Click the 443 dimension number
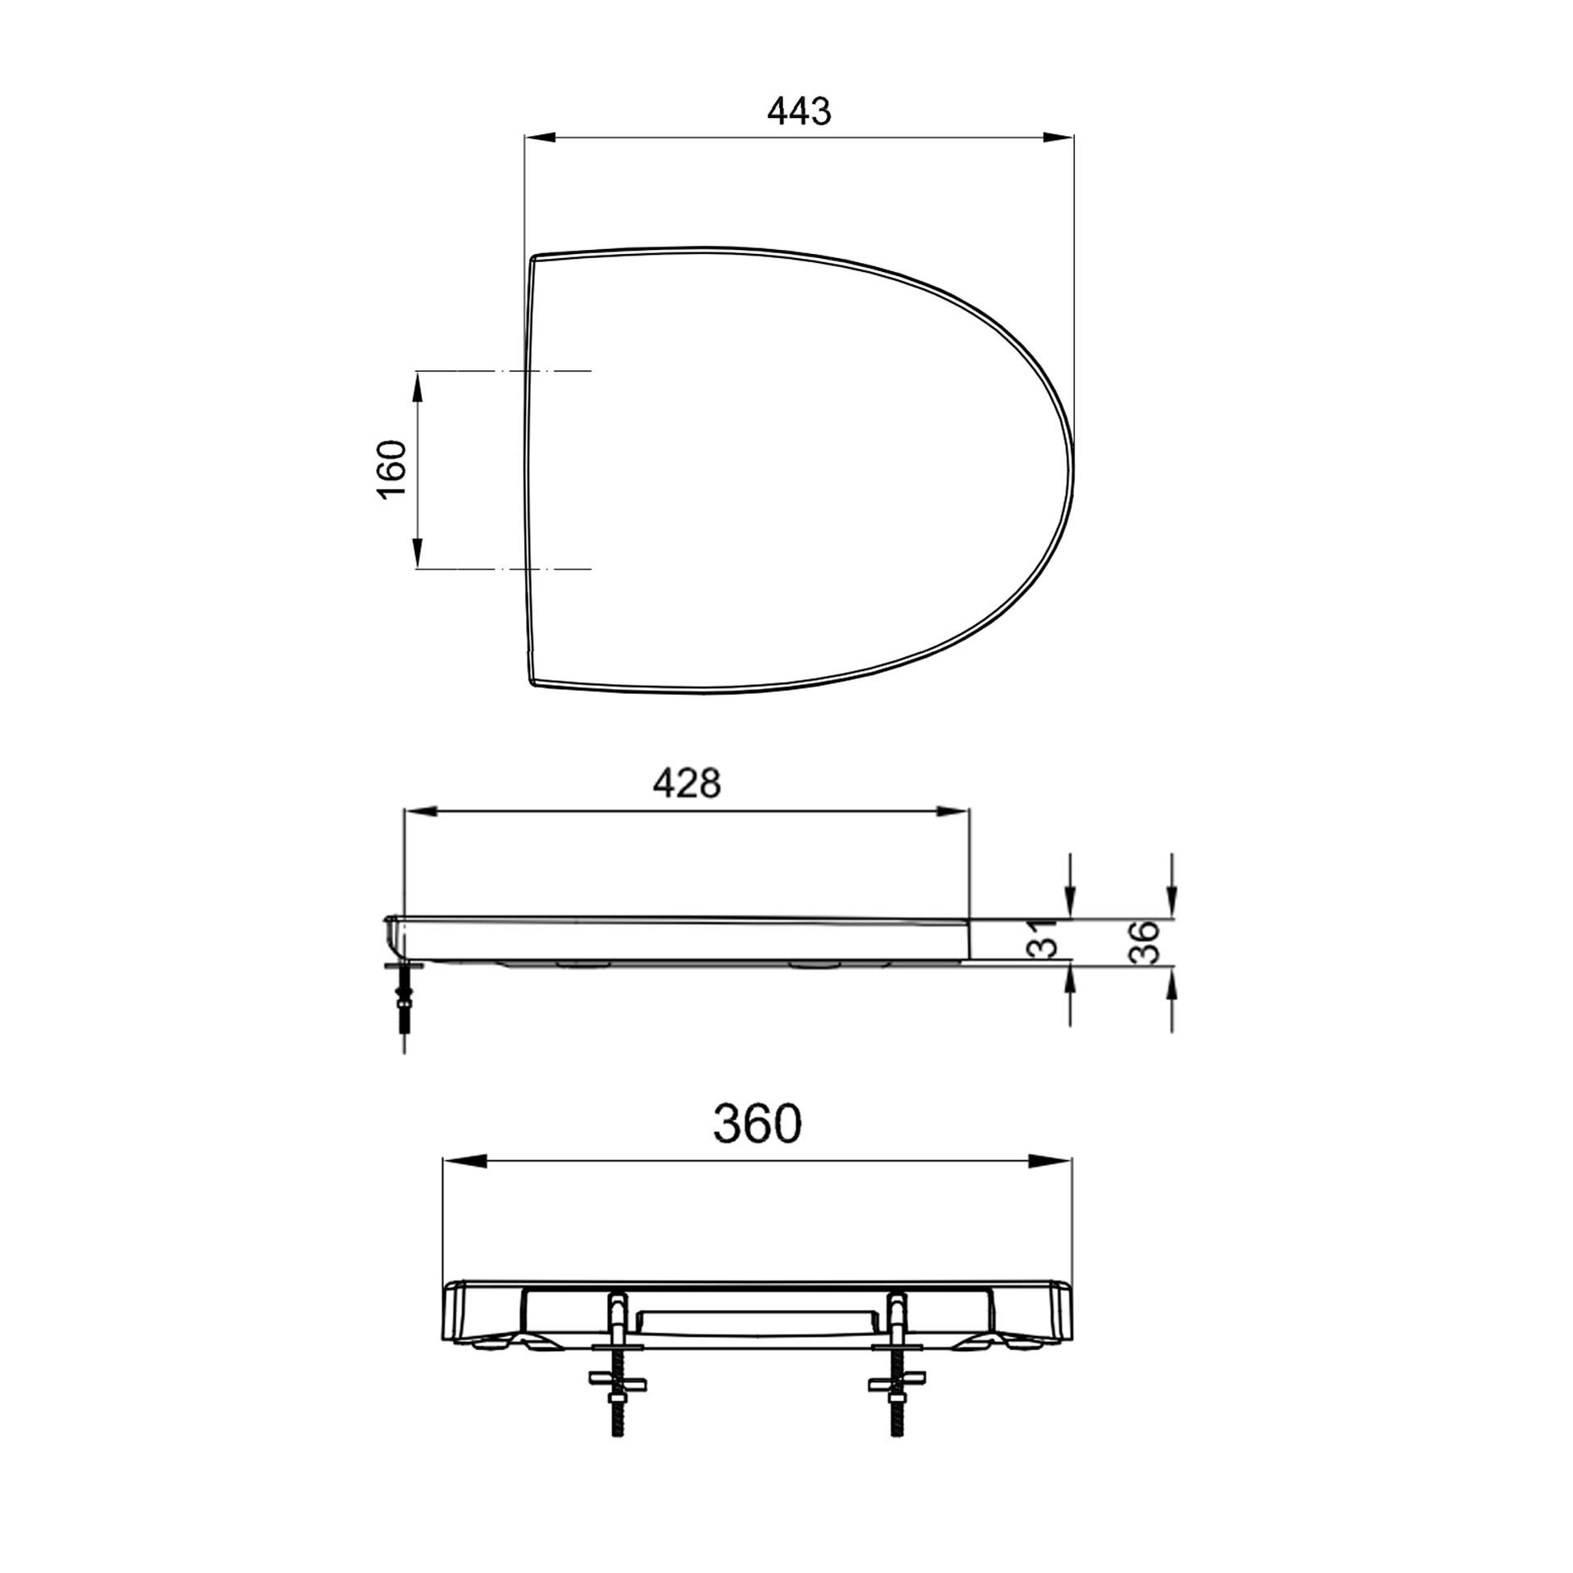[799, 111]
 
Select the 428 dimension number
[687, 783]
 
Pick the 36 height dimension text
[1144, 942]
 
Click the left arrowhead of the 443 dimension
[541, 138]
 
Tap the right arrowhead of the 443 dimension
[1058, 138]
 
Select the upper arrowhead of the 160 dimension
[418, 388]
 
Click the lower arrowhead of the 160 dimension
[418, 552]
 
